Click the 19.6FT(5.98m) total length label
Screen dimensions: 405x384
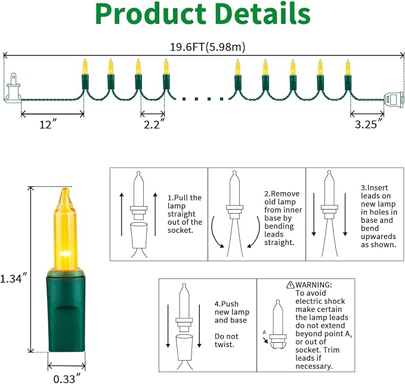pyautogui.click(x=208, y=47)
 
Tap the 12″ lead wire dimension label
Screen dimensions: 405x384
pyautogui.click(x=48, y=125)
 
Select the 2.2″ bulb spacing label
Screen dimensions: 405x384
pyautogui.click(x=154, y=125)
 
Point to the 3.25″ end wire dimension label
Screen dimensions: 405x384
pyautogui.click(x=369, y=124)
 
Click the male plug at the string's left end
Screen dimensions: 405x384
pyautogui.click(x=12, y=89)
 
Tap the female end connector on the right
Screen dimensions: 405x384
pyautogui.click(x=394, y=100)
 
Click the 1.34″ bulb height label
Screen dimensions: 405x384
pyautogui.click(x=13, y=279)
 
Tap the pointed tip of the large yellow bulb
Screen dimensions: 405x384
pyautogui.click(x=66, y=189)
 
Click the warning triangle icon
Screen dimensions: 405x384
pyautogui.click(x=290, y=285)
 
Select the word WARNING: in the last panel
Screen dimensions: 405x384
pyautogui.click(x=314, y=285)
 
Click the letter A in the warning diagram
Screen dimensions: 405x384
pyautogui.click(x=264, y=332)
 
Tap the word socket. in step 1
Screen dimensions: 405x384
pyautogui.click(x=180, y=230)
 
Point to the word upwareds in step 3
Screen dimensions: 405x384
pyautogui.click(x=378, y=236)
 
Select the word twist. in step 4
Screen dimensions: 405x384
pyautogui.click(x=224, y=345)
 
